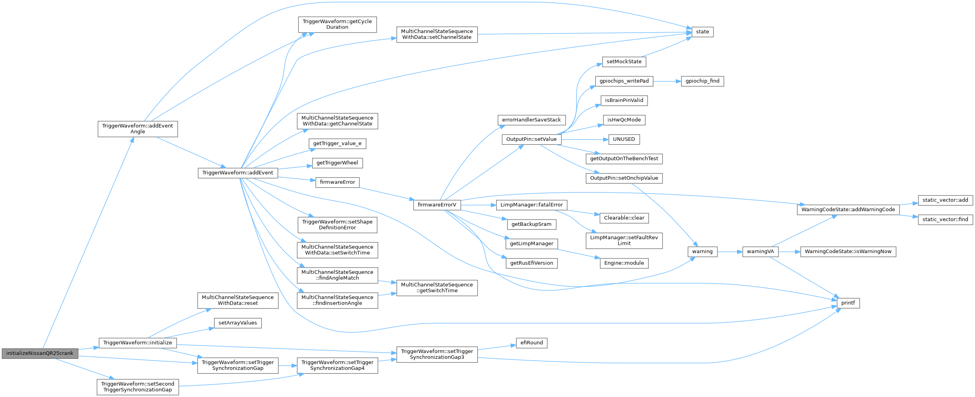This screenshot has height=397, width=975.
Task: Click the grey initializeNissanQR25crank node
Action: click(x=40, y=353)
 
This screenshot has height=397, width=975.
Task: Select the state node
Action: click(x=702, y=32)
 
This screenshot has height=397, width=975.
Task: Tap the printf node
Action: click(x=848, y=303)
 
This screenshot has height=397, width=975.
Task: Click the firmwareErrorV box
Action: click(x=437, y=205)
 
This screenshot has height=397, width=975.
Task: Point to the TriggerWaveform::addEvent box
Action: click(x=237, y=173)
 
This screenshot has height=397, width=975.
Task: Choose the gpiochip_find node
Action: click(x=702, y=81)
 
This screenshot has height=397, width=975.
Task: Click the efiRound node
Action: click(x=532, y=343)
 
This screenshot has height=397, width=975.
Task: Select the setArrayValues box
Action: click(x=237, y=323)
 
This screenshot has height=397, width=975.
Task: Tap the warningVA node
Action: click(x=760, y=251)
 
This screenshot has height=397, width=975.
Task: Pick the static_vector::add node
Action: click(x=945, y=200)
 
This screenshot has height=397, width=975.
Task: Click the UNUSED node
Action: click(x=624, y=139)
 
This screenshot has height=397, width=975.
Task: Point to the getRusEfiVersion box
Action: click(x=532, y=263)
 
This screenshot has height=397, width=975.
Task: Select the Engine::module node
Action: click(x=624, y=263)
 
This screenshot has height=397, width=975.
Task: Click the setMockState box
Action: click(x=624, y=62)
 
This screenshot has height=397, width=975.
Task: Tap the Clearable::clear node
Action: click(x=624, y=218)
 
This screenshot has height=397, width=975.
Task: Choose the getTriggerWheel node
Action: click(x=337, y=163)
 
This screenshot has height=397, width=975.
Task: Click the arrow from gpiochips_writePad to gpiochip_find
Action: click(x=667, y=81)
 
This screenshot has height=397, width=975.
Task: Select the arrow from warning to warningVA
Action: click(x=730, y=251)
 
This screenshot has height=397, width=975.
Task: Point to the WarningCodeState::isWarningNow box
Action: click(x=848, y=251)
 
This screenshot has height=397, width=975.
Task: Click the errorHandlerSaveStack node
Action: click(x=531, y=120)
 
